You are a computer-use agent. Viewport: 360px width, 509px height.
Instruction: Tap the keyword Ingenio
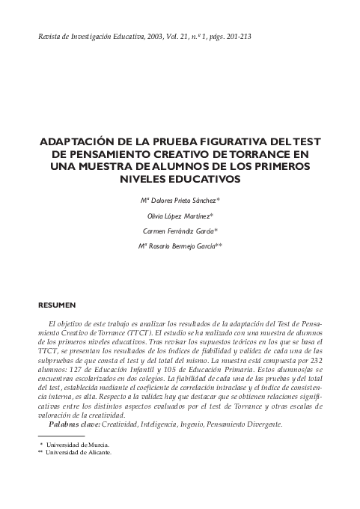[x=207, y=424]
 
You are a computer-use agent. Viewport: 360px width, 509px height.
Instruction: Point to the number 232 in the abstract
[x=314, y=360]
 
